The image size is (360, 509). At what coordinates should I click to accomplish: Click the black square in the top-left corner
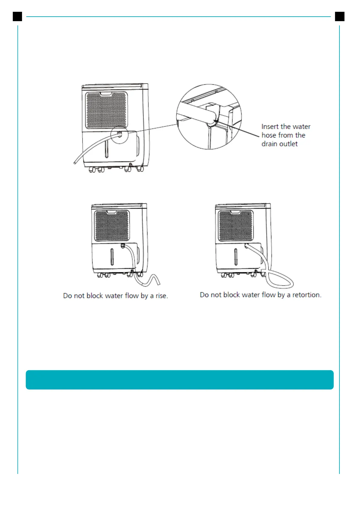point(18,17)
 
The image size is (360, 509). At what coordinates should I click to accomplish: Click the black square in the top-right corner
point(340,17)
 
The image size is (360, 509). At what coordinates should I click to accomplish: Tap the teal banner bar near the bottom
point(180,380)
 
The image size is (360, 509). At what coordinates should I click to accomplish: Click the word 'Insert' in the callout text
point(270,127)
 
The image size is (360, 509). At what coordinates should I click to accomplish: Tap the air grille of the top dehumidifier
point(106,110)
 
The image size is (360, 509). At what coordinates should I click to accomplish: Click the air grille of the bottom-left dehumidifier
point(112,225)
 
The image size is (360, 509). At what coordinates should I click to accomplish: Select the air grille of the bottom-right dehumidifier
point(236,225)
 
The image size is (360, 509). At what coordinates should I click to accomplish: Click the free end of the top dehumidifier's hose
point(75,163)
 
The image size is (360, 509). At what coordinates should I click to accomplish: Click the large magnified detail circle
point(209,117)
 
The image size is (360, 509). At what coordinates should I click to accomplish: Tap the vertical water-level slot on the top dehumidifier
point(106,149)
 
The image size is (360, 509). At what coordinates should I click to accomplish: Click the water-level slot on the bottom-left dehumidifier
point(112,257)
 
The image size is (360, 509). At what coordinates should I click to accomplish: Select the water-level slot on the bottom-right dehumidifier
point(236,257)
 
